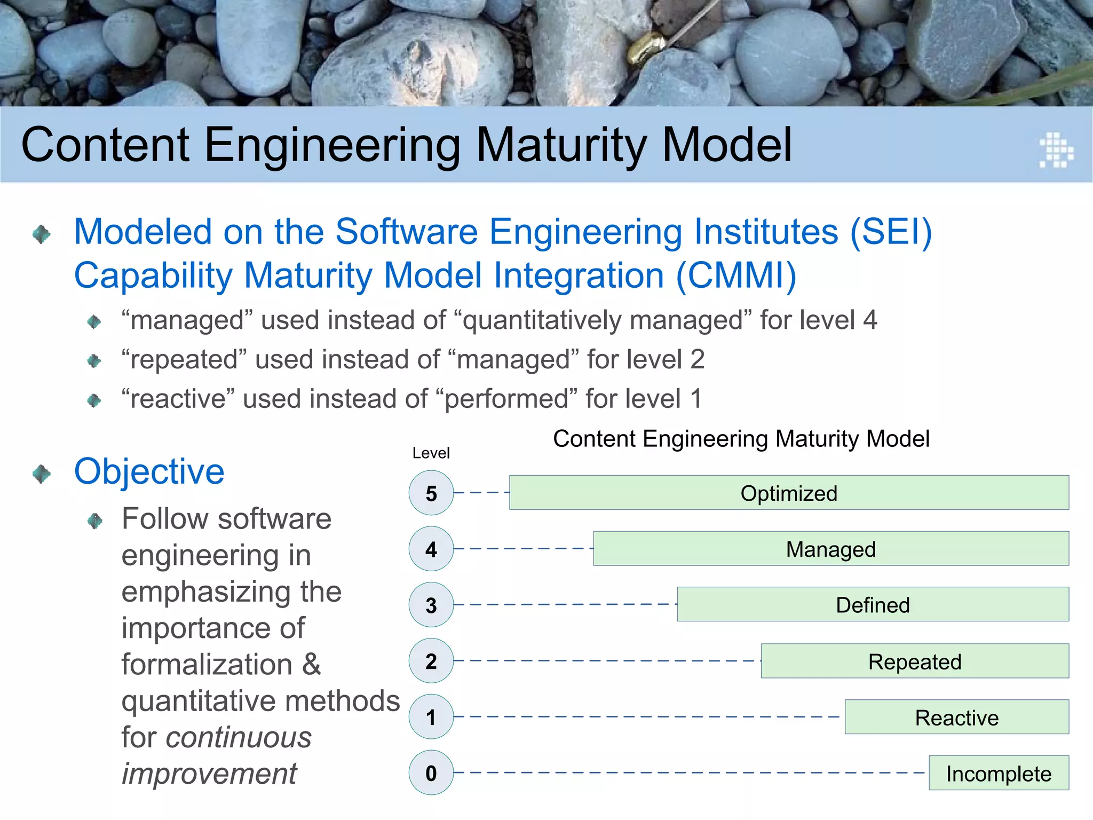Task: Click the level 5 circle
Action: tap(431, 492)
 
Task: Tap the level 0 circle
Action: tap(431, 772)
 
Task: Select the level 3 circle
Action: tap(431, 604)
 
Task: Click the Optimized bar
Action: tap(789, 492)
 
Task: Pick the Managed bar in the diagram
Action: tap(830, 548)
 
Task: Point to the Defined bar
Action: tap(873, 604)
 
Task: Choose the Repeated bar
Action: tap(915, 661)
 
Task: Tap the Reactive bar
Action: tap(956, 717)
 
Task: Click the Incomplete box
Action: tap(999, 773)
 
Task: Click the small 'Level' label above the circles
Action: tap(431, 453)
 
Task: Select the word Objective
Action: tap(149, 471)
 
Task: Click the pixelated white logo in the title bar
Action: tap(1056, 149)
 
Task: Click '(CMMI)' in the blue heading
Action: tap(736, 275)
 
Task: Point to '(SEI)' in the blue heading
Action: tap(890, 232)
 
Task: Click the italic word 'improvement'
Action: tap(209, 774)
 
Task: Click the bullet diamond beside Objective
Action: tap(42, 474)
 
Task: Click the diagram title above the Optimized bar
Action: tap(741, 439)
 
